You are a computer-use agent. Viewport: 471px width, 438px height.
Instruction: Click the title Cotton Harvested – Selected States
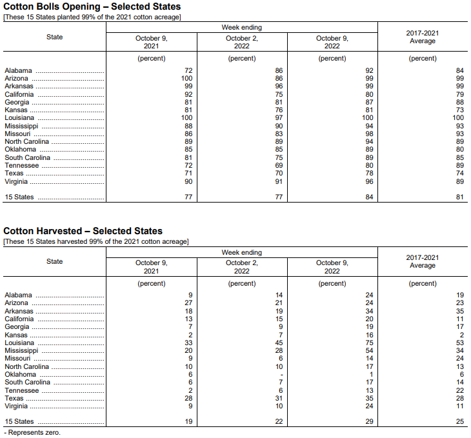tap(83, 231)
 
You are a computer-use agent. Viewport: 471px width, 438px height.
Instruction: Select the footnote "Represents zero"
tap(34, 432)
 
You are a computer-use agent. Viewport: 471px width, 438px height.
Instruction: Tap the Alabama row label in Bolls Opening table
tap(18, 70)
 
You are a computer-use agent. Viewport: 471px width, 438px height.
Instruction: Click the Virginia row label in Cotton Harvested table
tap(16, 406)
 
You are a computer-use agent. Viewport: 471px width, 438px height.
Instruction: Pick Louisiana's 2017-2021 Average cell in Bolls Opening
tap(457, 118)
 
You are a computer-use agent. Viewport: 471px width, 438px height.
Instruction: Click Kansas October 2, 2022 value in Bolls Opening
tap(279, 110)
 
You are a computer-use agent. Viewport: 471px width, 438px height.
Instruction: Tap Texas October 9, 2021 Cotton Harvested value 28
tap(188, 399)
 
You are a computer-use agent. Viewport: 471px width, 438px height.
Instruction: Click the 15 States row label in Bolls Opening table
tap(19, 197)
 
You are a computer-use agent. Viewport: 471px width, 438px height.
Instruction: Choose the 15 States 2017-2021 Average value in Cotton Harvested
tap(459, 422)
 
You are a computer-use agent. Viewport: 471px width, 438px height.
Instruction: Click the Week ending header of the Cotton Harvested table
tap(242, 252)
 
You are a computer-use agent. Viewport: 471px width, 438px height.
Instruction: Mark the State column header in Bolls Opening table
tap(55, 37)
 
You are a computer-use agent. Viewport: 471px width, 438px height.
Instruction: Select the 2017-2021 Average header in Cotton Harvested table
tap(423, 261)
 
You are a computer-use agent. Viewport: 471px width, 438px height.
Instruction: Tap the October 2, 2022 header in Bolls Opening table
tap(242, 43)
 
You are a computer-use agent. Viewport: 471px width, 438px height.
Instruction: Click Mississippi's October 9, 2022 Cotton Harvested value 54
tap(369, 351)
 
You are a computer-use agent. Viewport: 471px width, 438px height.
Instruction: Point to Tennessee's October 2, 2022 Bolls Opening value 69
tap(279, 165)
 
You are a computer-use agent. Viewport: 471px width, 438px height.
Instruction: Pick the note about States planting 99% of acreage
tap(92, 17)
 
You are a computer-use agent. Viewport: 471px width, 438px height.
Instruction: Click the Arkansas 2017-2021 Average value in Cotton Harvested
tap(459, 311)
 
